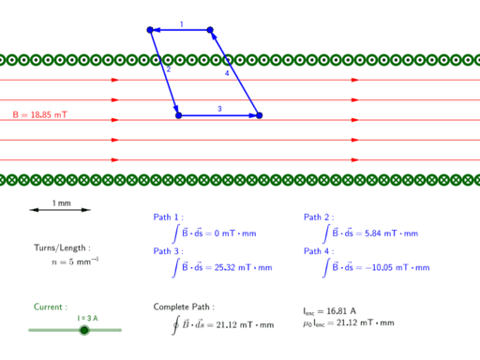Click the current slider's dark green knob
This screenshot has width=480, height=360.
[84, 330]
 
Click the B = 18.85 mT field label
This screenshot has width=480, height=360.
[39, 114]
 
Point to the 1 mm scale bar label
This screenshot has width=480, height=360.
[62, 203]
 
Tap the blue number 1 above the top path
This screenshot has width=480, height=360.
[182, 24]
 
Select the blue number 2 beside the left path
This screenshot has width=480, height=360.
[169, 69]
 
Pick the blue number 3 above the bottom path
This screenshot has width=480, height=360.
[219, 109]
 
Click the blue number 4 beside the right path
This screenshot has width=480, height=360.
[227, 73]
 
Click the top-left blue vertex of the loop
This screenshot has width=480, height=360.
[150, 30]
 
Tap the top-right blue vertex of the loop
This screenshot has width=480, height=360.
[210, 30]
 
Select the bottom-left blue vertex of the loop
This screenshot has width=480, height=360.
[179, 115]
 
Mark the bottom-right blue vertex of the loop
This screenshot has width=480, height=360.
[259, 115]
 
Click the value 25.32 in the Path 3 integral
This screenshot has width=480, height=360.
[225, 267]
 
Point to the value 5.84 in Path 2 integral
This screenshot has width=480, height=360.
[373, 233]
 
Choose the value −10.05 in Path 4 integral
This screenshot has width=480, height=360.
[379, 267]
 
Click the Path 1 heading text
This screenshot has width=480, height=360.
[168, 217]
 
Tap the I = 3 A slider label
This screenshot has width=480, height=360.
[87, 318]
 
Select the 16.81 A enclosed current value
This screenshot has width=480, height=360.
[341, 311]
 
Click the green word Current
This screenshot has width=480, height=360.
[50, 307]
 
